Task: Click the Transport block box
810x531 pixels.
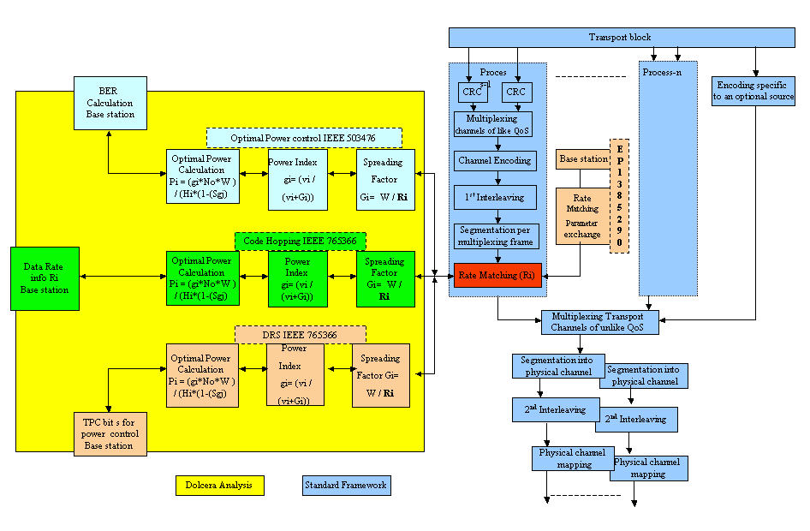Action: click(x=620, y=38)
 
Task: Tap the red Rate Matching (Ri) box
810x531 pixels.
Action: click(x=497, y=275)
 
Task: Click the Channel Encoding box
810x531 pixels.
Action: click(x=495, y=160)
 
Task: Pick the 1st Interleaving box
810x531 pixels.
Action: click(x=496, y=198)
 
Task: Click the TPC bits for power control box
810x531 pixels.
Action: click(x=109, y=433)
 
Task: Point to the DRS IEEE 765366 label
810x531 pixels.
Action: click(x=301, y=333)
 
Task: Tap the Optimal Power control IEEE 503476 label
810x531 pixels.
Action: click(x=304, y=138)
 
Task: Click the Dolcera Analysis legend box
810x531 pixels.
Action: click(x=219, y=486)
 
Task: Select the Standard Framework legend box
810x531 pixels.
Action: click(x=346, y=486)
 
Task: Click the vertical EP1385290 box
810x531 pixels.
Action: click(x=619, y=195)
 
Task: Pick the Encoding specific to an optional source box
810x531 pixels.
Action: click(x=754, y=92)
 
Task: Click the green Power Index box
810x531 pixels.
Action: click(x=297, y=278)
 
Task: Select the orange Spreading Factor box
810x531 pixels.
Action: click(x=381, y=375)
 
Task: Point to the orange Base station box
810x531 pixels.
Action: click(x=583, y=159)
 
